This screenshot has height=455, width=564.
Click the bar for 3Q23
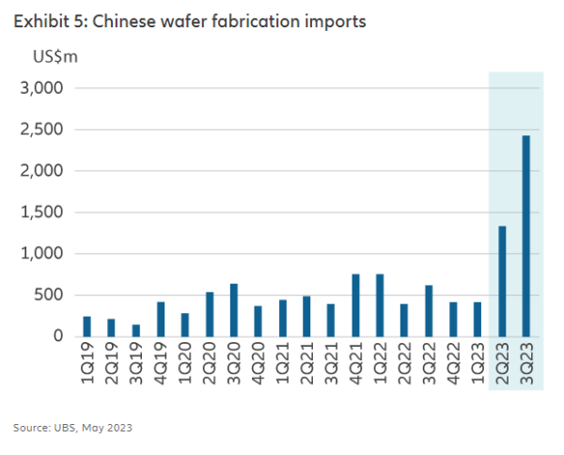coord(526,236)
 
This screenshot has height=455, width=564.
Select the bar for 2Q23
coord(502,281)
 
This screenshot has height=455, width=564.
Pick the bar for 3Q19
coord(137,331)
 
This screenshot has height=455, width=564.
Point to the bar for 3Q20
coord(234,310)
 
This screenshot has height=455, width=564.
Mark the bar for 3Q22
coord(429,310)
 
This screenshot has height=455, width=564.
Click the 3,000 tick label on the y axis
coord(41,88)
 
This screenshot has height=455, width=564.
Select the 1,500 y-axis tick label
coord(41,212)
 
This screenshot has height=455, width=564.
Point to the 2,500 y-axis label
coord(41,130)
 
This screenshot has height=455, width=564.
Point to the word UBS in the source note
coord(66,428)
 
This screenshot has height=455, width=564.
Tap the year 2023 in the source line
coord(117,428)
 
